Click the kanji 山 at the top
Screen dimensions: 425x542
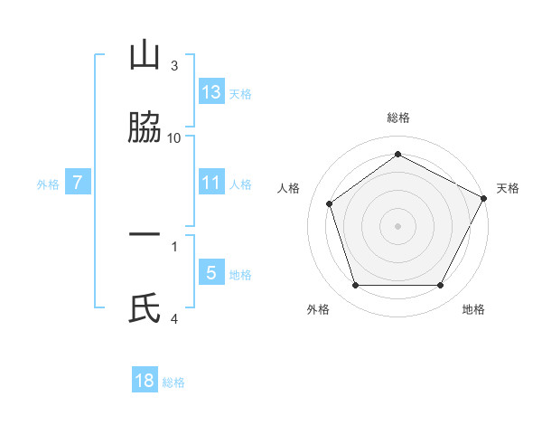pos(145,56)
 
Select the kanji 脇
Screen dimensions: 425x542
pos(145,129)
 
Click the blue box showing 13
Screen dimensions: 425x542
pos(211,91)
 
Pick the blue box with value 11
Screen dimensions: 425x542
pos(211,183)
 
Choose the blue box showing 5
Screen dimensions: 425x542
pos(211,273)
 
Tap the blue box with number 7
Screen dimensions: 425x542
pos(78,183)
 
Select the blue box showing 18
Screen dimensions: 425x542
pos(145,381)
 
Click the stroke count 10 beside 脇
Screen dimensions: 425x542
pos(174,137)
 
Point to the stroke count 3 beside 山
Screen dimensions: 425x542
pos(174,65)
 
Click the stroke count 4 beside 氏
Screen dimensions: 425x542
pos(174,318)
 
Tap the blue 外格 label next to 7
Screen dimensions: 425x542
pos(48,184)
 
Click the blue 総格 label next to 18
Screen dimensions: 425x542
pos(173,382)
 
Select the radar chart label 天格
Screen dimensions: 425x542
pos(508,188)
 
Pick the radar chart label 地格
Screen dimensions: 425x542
pos(473,309)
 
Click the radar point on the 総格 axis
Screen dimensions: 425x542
pos(397,154)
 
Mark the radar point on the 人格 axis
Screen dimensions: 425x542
pos(330,203)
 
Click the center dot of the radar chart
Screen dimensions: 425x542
pos(397,225)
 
